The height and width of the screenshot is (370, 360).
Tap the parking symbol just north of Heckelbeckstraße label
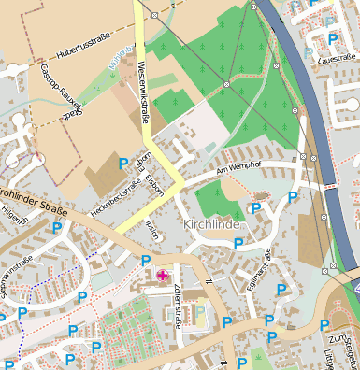[x=123, y=164]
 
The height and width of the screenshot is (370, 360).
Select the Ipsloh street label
[x=153, y=229]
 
